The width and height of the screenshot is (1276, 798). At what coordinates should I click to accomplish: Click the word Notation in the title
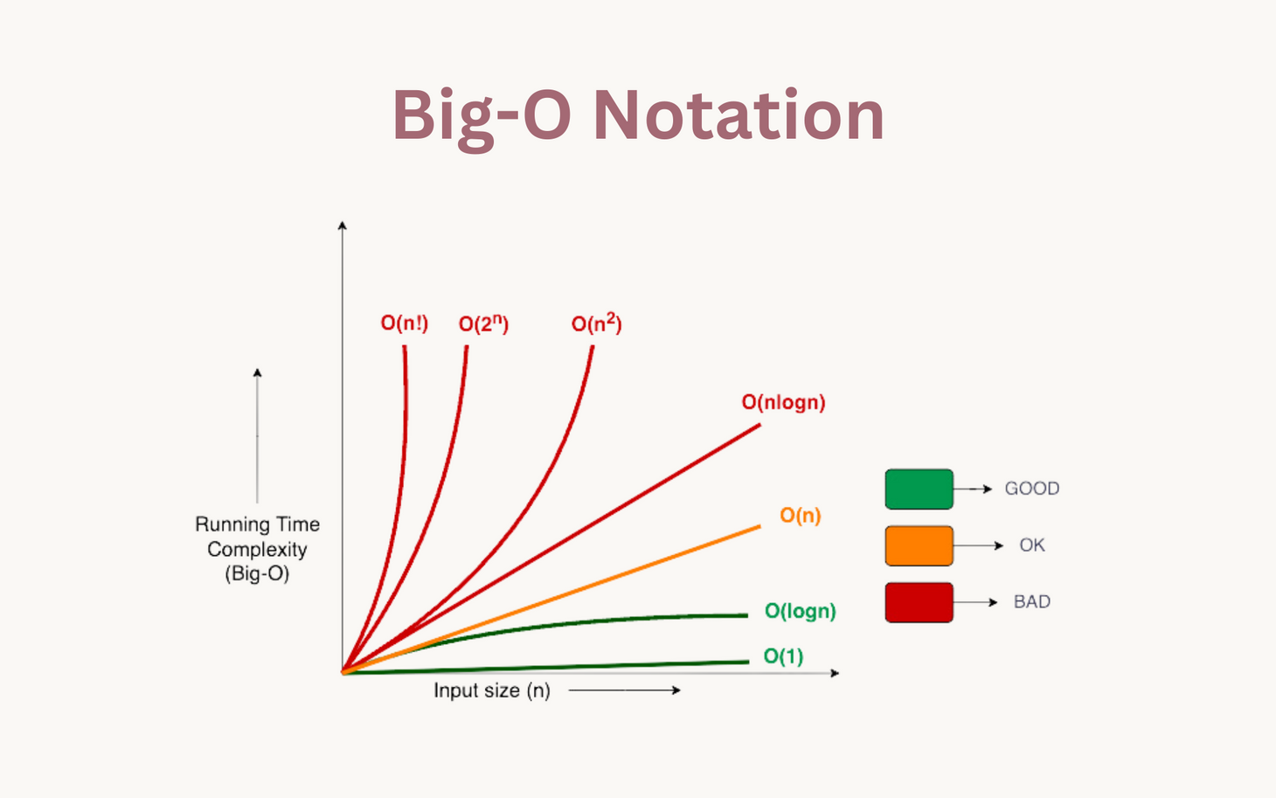739,115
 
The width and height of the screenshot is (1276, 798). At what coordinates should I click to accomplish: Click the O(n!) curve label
405,323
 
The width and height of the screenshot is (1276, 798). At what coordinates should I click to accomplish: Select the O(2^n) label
483,324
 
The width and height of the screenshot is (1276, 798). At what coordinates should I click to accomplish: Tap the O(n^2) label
596,324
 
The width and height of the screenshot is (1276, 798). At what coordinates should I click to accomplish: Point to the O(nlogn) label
783,402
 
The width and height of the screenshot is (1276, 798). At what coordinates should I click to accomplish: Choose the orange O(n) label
800,515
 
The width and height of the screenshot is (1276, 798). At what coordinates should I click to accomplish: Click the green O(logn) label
800,611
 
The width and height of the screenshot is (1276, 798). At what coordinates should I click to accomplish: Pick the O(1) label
783,656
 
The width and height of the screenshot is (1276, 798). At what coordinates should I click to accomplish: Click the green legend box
919,489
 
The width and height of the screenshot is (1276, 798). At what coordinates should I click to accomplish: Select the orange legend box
919,545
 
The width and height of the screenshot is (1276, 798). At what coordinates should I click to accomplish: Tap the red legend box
919,602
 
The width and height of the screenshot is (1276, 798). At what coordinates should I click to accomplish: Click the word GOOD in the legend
1031,489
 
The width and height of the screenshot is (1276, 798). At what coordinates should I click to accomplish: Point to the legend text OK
1031,545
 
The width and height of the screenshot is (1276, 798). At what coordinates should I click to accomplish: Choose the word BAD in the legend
1031,602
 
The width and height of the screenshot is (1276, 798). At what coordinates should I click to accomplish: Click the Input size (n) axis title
492,690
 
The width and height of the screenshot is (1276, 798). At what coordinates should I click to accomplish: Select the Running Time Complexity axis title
257,549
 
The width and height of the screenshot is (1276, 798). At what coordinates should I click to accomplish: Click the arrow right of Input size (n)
625,690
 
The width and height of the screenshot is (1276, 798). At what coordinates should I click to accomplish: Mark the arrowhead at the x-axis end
835,673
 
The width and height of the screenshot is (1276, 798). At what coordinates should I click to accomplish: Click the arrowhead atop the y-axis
343,226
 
